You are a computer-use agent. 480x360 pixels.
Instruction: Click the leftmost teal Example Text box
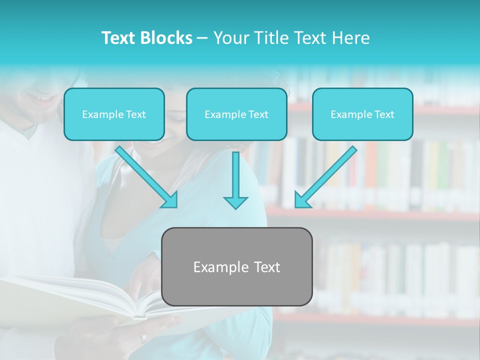(114, 114)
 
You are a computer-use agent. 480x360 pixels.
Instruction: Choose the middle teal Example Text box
(236, 114)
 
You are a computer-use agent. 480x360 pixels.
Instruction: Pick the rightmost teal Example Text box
(362, 114)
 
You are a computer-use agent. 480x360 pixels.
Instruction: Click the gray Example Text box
(236, 266)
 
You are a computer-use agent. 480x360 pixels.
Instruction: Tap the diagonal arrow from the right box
(327, 175)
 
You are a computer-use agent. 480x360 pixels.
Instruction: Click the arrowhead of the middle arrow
(235, 202)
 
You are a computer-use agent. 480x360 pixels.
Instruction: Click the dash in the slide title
(202, 38)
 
